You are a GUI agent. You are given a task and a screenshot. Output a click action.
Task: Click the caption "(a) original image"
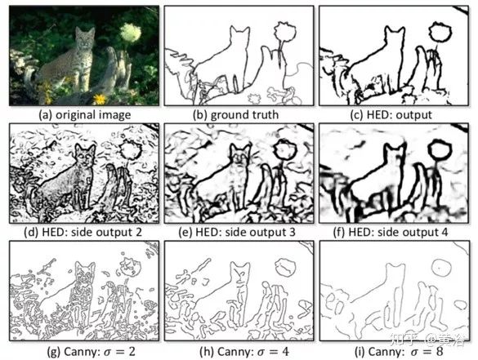(x=85, y=115)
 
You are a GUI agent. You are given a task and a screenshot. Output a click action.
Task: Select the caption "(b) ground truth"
(x=236, y=115)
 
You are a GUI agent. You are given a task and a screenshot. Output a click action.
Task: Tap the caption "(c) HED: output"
(x=391, y=115)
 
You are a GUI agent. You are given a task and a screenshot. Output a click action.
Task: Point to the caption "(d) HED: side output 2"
(x=83, y=232)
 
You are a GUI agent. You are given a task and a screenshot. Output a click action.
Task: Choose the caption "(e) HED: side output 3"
(x=237, y=232)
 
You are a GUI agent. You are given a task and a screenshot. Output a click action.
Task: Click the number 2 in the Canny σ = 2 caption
(x=131, y=352)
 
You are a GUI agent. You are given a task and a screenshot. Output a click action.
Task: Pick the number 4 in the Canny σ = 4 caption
(x=285, y=352)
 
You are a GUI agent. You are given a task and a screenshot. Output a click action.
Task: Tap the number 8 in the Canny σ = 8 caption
(x=439, y=352)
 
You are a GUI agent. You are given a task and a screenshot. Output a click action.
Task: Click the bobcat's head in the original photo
(x=85, y=39)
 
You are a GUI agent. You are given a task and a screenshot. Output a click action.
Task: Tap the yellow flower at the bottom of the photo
(x=99, y=99)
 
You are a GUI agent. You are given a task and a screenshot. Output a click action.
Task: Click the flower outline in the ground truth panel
(x=285, y=31)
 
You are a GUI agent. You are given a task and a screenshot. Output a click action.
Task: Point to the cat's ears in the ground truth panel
(x=239, y=30)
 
